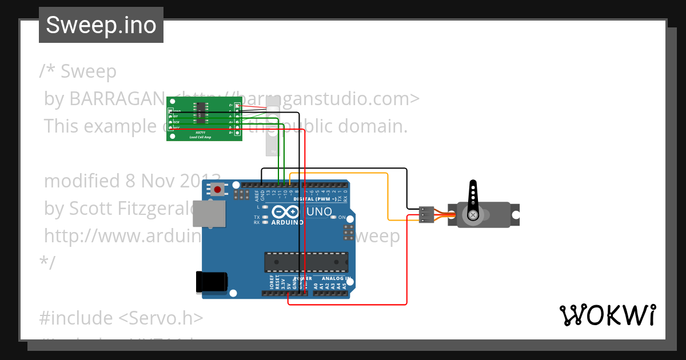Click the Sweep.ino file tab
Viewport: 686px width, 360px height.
101,25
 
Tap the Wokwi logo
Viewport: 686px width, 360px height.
607,315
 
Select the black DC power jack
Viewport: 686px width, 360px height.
212,282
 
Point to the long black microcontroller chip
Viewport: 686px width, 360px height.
306,262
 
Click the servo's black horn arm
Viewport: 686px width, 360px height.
473,197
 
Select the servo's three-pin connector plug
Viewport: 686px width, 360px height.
426,215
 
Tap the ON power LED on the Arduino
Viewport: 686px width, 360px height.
335,218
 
